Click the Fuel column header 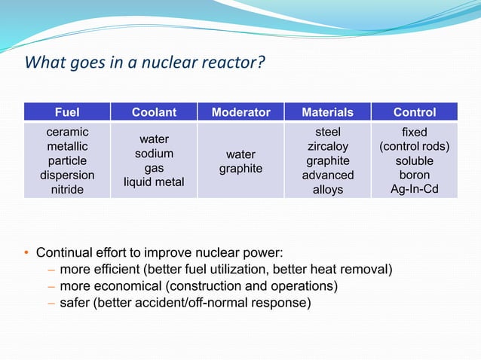pyautogui.click(x=67, y=112)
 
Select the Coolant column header pyautogui.click(x=154, y=112)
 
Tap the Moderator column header pyautogui.click(x=240, y=112)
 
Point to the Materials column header pyautogui.click(x=327, y=112)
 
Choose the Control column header pyautogui.click(x=414, y=112)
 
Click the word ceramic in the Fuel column pyautogui.click(x=67, y=133)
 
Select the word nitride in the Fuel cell pyautogui.click(x=67, y=190)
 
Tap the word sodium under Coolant pyautogui.click(x=154, y=154)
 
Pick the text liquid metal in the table pyautogui.click(x=154, y=182)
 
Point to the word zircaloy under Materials pyautogui.click(x=327, y=147)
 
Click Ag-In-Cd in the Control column pyautogui.click(x=414, y=189)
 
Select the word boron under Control pyautogui.click(x=414, y=175)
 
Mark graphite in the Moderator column pyautogui.click(x=240, y=169)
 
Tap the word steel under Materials pyautogui.click(x=327, y=133)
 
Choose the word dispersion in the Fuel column pyautogui.click(x=67, y=175)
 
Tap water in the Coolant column pyautogui.click(x=154, y=139)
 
